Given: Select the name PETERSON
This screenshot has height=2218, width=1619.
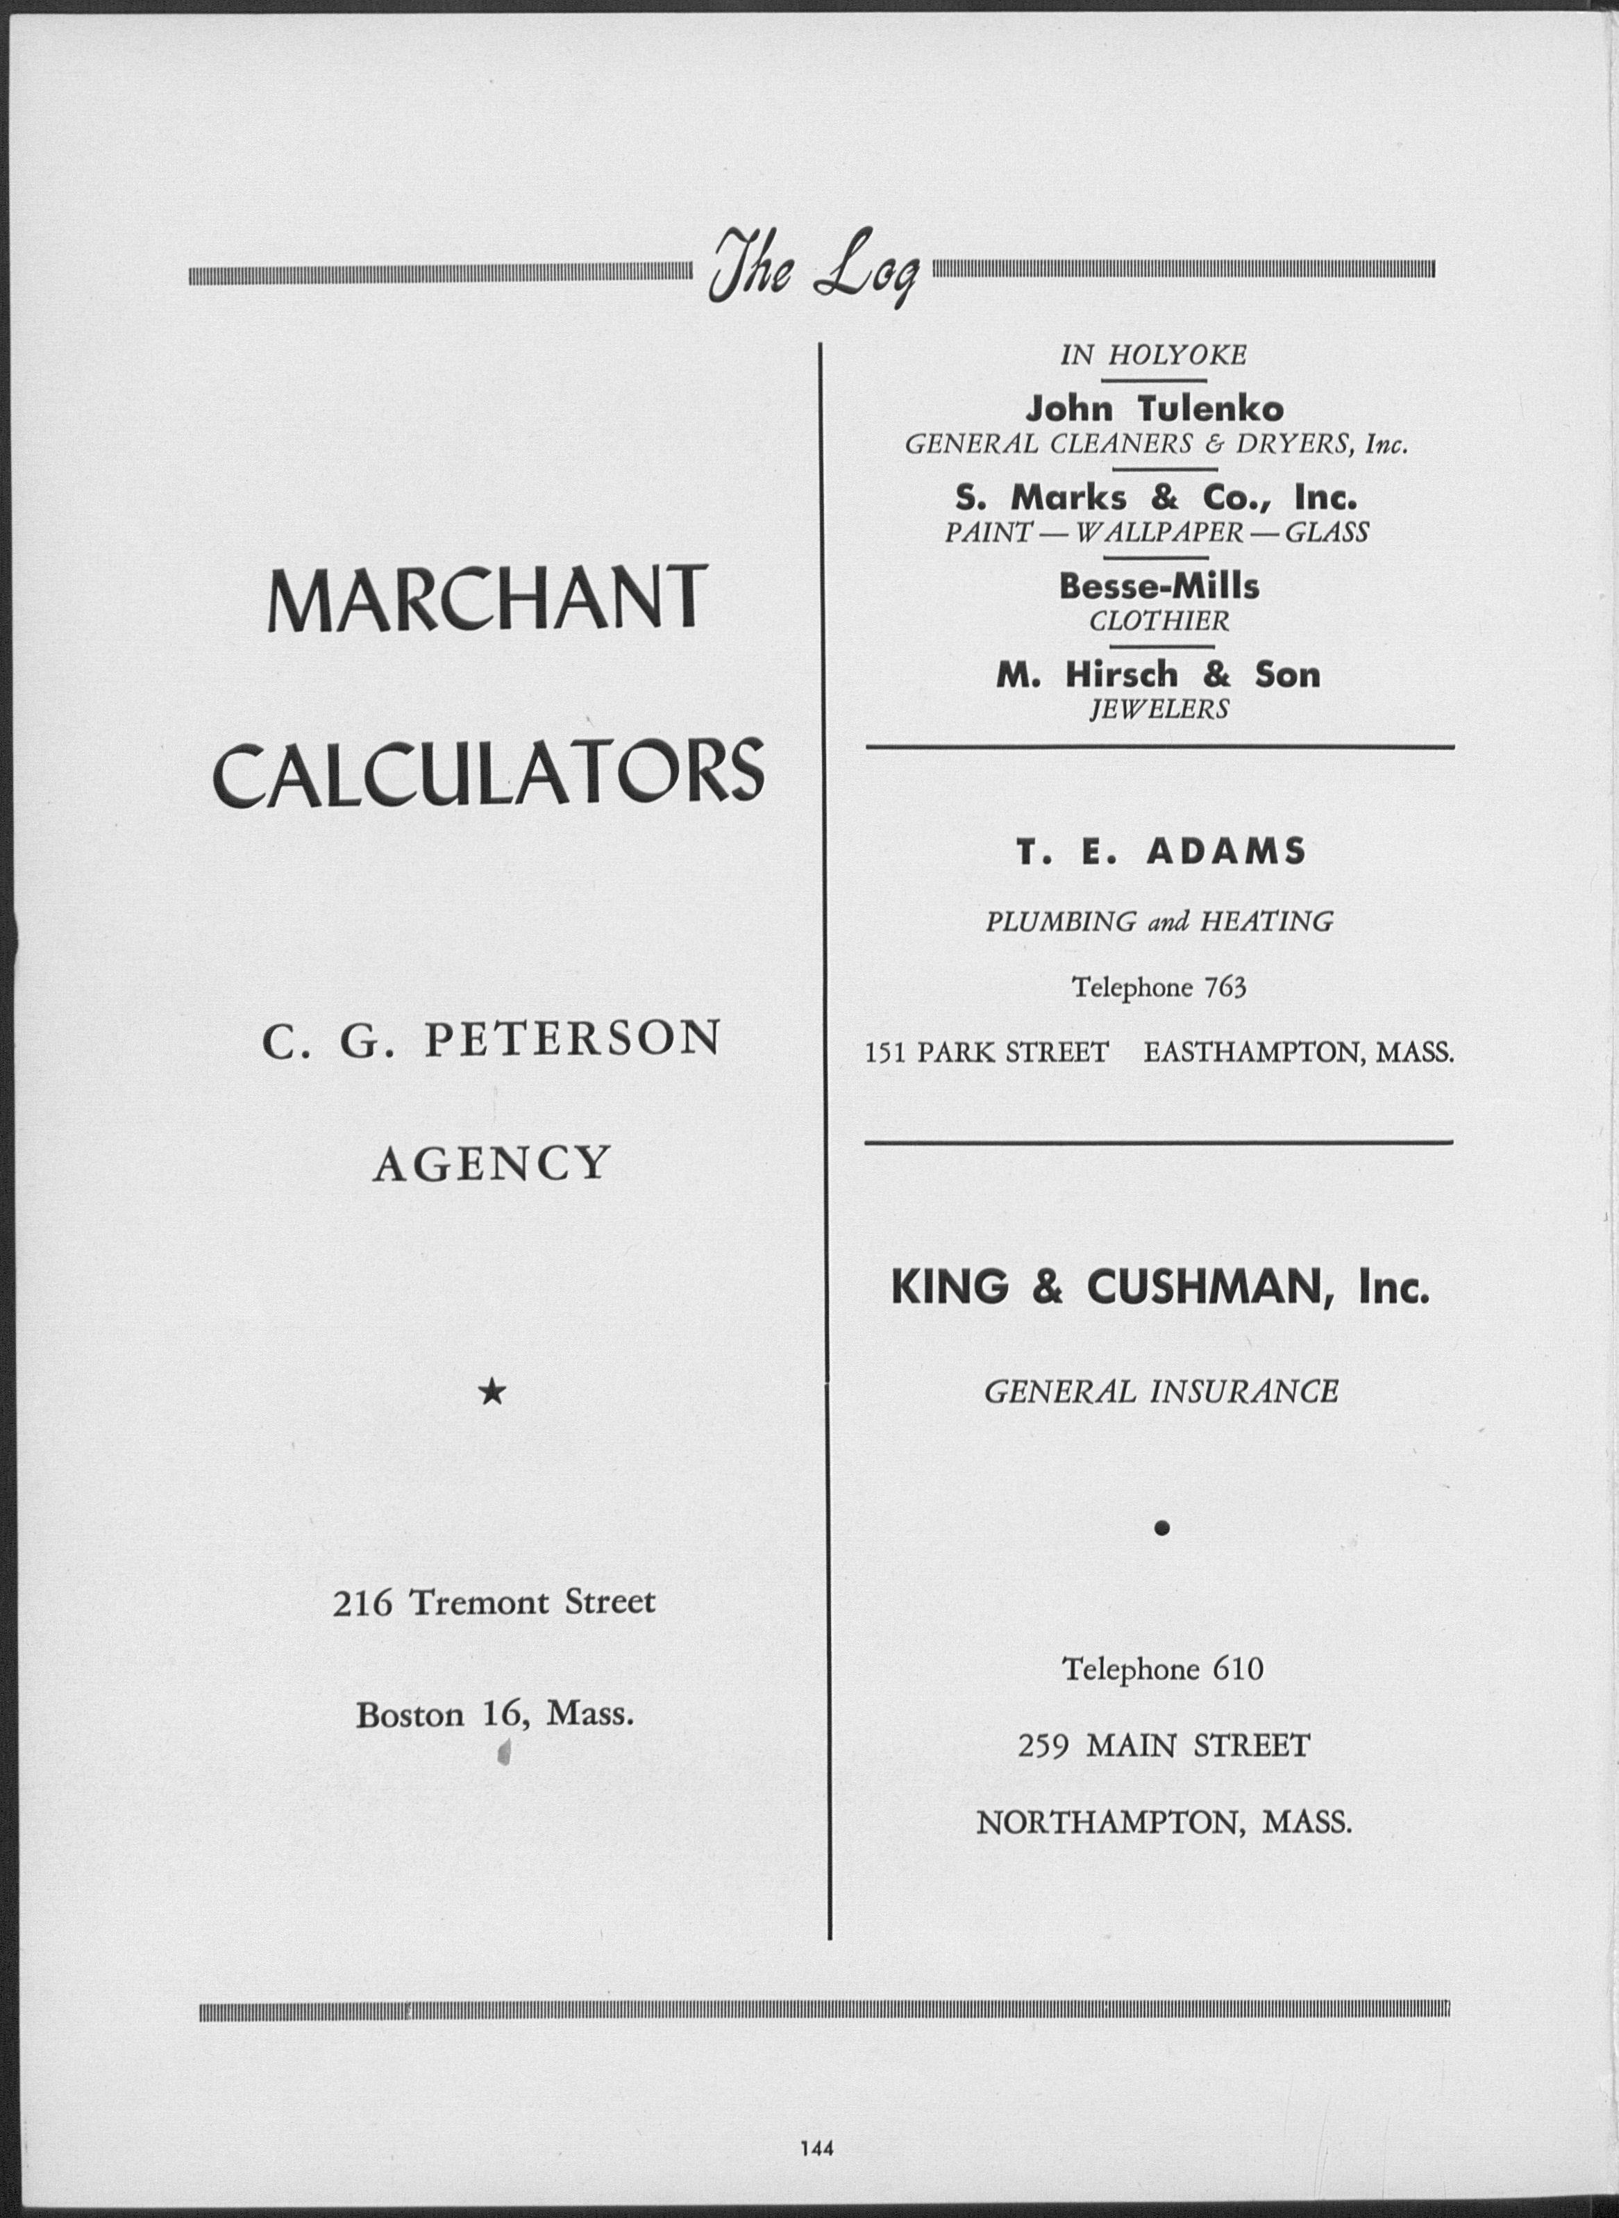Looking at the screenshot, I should (571, 1039).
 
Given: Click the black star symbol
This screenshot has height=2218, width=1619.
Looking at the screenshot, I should (493, 1392).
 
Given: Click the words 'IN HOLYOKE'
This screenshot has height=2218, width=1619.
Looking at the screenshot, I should (1153, 356).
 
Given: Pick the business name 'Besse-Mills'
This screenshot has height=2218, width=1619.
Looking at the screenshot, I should (1159, 586).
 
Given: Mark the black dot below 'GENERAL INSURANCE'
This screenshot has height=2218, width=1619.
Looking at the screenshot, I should (1161, 1527).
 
